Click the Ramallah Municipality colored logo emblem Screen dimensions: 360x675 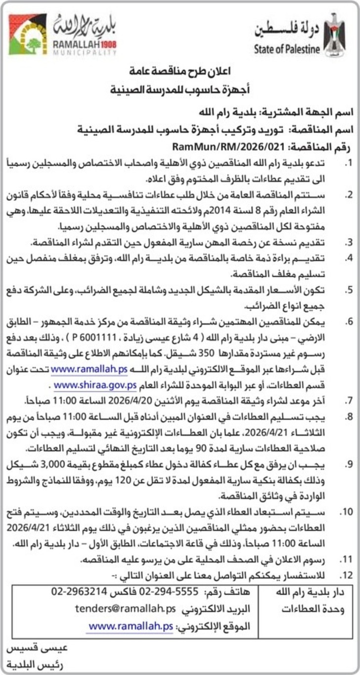(x=28, y=34)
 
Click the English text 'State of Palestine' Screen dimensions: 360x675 (x=286, y=49)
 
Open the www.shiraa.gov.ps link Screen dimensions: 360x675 (x=94, y=385)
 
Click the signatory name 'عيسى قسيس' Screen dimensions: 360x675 (x=37, y=647)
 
